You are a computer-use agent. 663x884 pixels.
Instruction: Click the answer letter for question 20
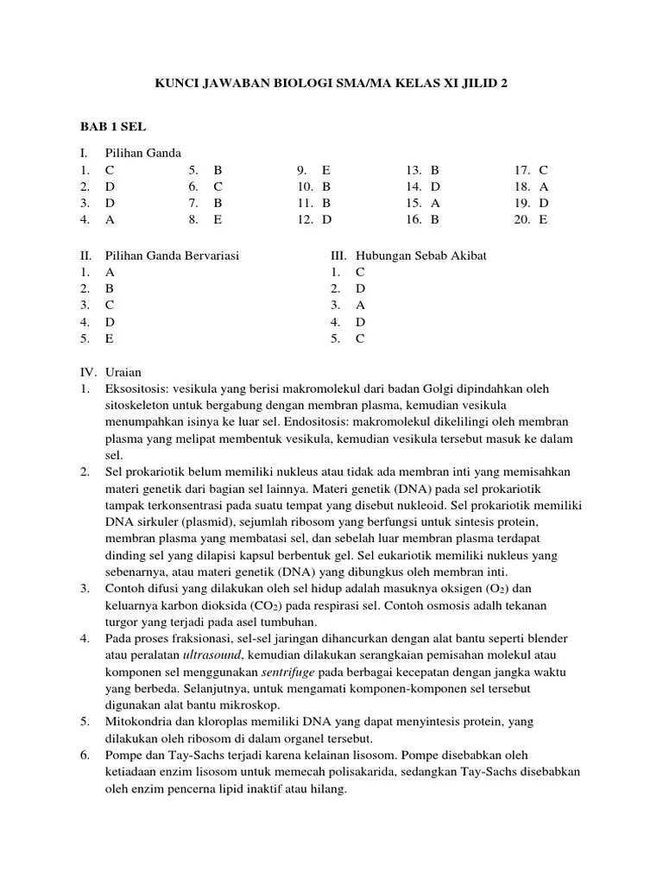coord(544,219)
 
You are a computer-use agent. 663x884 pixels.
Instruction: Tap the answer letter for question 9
coord(326,170)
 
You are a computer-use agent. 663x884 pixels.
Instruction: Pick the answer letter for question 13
coord(435,170)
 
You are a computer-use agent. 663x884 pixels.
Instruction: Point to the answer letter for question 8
coord(218,219)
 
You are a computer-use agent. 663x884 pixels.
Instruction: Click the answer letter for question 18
coord(544,186)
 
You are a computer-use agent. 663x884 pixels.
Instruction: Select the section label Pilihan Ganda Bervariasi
coord(172,256)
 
